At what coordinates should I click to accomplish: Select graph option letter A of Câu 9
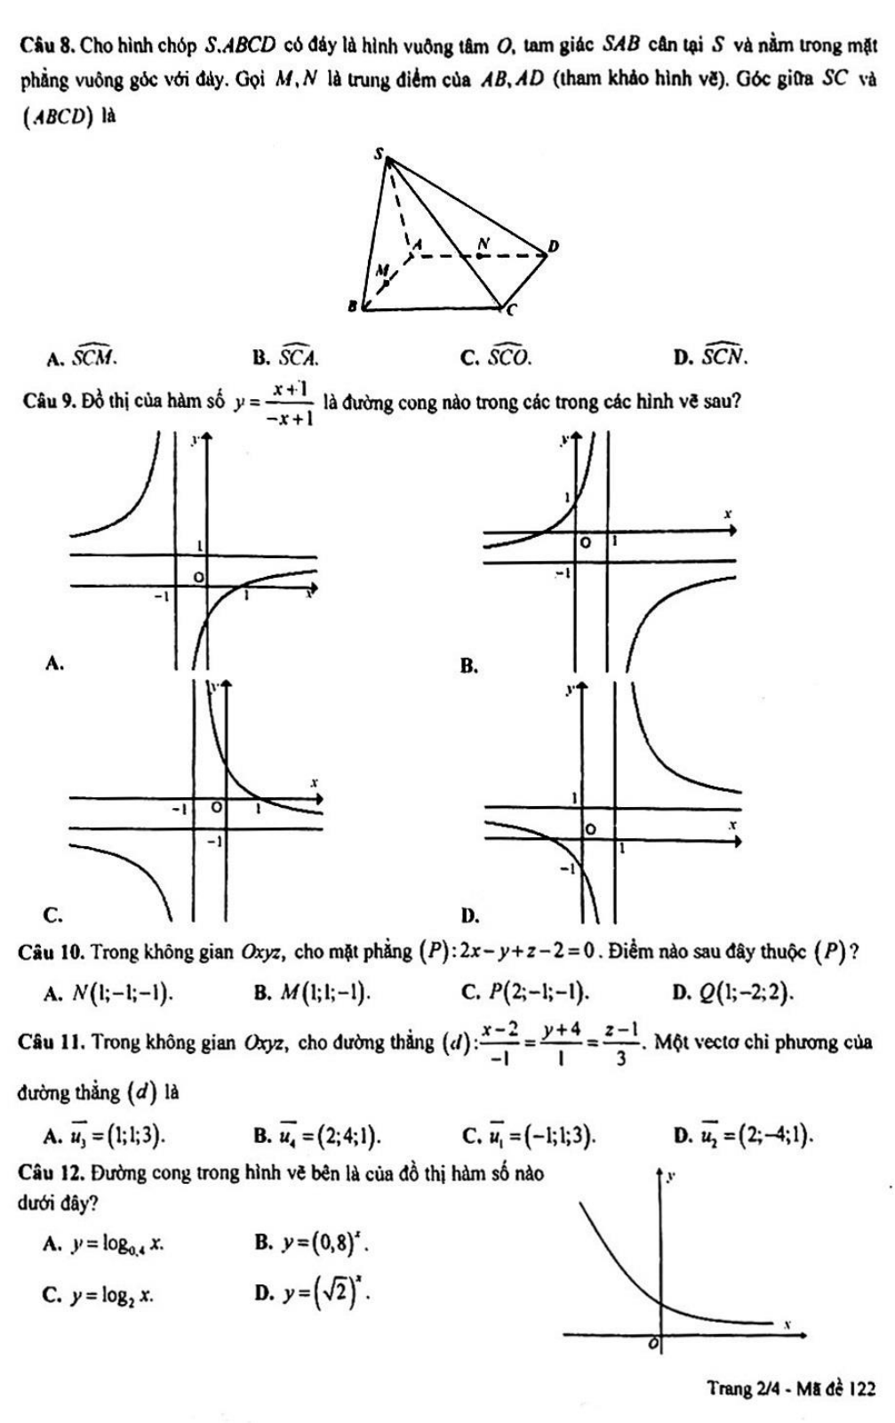click(54, 662)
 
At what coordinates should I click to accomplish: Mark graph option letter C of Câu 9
click(52, 914)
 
